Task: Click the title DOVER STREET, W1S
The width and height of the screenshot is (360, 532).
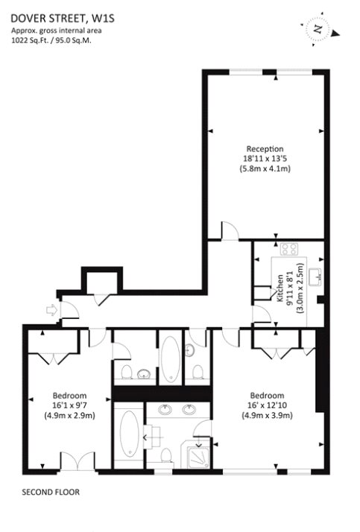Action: point(63,18)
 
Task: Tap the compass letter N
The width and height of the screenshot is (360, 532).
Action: point(318,30)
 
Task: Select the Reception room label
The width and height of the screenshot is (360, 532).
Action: point(265,149)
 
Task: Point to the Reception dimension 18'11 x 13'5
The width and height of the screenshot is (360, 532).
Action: point(265,159)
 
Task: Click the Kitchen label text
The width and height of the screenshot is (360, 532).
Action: point(280,288)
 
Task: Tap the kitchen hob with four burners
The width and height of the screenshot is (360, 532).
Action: point(289,250)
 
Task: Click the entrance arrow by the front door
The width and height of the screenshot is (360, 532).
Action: point(51,310)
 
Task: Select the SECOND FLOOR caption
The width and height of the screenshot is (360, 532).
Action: point(51,492)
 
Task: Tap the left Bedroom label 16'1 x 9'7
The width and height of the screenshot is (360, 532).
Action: point(69,405)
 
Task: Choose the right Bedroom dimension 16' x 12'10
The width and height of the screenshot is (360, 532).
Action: point(267,405)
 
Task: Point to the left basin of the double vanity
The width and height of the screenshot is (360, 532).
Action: point(165,410)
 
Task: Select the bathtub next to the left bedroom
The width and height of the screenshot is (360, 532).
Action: point(129,434)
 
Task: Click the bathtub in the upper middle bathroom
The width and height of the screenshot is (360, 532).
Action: point(171,359)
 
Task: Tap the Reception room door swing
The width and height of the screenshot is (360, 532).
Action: point(230,231)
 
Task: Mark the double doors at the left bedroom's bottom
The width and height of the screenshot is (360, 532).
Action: point(78,461)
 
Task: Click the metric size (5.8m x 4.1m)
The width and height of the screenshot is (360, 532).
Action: point(265,168)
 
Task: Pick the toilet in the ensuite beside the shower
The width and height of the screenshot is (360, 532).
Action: point(166,455)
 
